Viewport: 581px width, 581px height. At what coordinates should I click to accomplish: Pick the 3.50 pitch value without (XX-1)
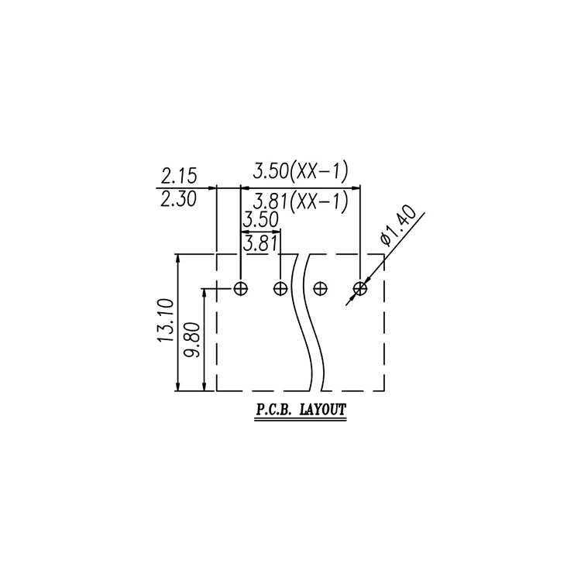pos(260,220)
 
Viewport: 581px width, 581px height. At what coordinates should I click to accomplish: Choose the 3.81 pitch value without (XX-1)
pos(260,244)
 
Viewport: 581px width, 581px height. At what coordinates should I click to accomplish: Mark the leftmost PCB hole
pos(241,289)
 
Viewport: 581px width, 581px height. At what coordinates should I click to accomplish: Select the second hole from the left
pos(280,289)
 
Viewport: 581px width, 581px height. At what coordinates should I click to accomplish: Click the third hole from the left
pos(320,289)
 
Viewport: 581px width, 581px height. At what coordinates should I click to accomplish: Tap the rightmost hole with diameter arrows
pos(359,289)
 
